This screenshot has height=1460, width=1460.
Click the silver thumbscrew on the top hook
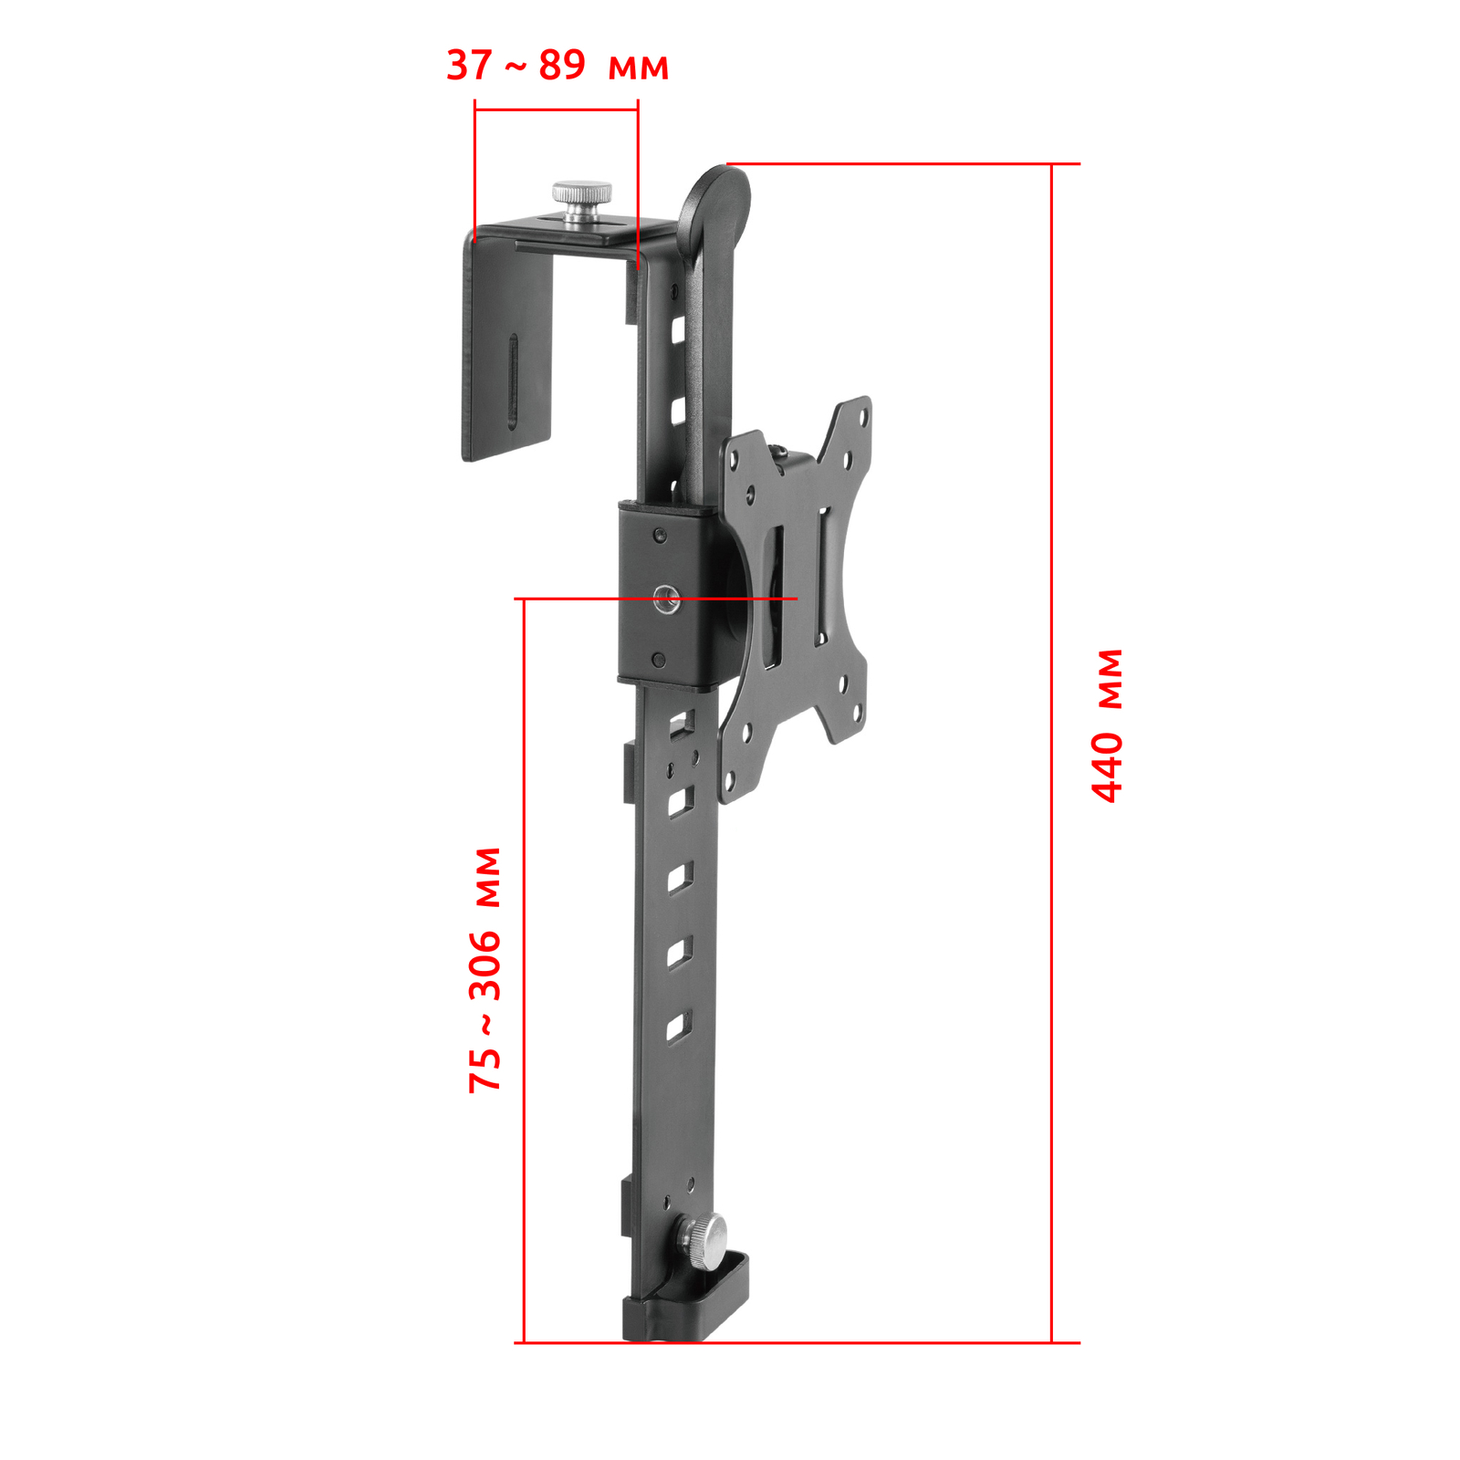(581, 203)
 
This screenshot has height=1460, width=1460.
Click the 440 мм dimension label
(1108, 725)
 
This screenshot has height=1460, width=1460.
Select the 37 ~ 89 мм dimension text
(558, 66)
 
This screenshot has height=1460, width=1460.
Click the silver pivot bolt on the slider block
(666, 600)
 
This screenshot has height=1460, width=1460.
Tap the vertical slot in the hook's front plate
(513, 380)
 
